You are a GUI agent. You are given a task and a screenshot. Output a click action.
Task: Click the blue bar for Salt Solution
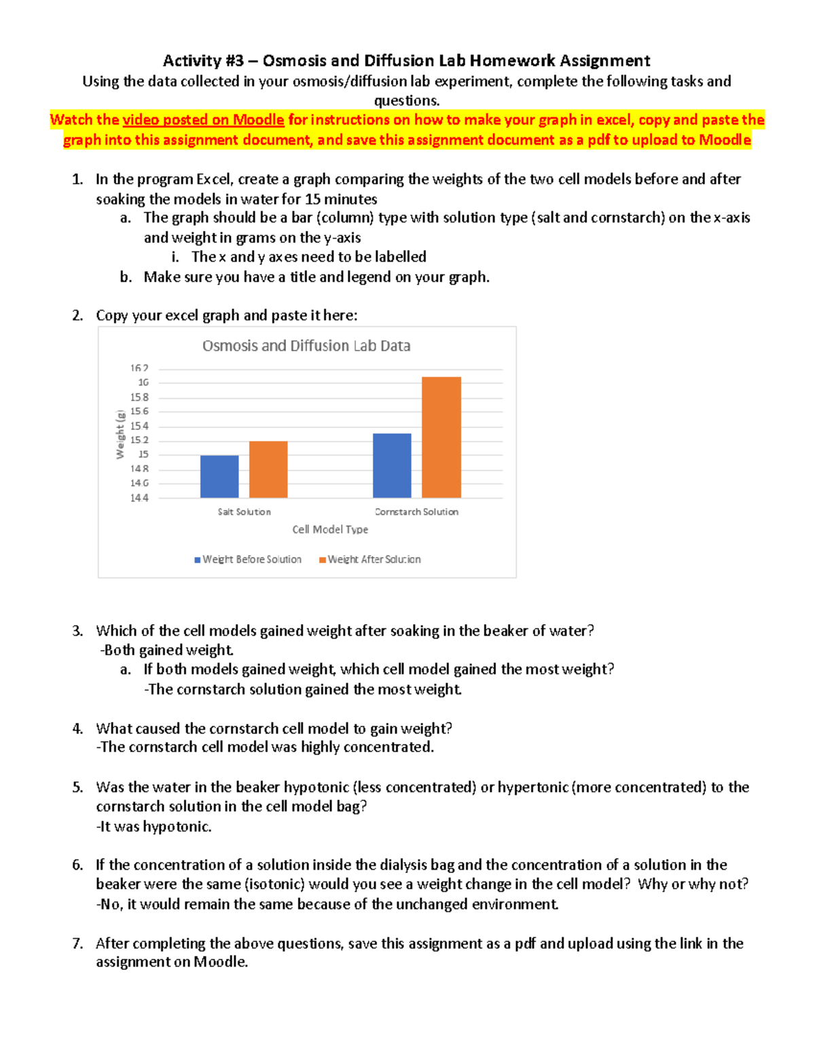219,476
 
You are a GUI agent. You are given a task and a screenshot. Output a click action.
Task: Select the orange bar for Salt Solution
268,469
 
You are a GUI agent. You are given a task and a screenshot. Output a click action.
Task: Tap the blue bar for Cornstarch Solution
392,465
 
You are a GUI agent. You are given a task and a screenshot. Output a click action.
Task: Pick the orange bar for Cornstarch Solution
441,437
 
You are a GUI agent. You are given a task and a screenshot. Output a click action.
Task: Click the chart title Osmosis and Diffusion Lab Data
306,346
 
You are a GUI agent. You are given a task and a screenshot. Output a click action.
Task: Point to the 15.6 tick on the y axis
139,412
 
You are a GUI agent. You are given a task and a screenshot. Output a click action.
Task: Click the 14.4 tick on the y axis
139,498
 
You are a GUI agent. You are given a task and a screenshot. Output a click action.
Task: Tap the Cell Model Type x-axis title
330,529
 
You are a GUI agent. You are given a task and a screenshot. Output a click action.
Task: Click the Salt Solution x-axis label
244,512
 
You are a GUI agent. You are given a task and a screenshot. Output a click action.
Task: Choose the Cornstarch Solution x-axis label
416,512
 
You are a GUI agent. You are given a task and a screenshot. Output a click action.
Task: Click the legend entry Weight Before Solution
248,560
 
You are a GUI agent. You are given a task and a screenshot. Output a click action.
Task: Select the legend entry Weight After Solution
370,560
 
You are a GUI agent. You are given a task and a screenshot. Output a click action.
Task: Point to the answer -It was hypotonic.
154,827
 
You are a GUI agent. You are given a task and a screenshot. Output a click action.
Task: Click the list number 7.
77,944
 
